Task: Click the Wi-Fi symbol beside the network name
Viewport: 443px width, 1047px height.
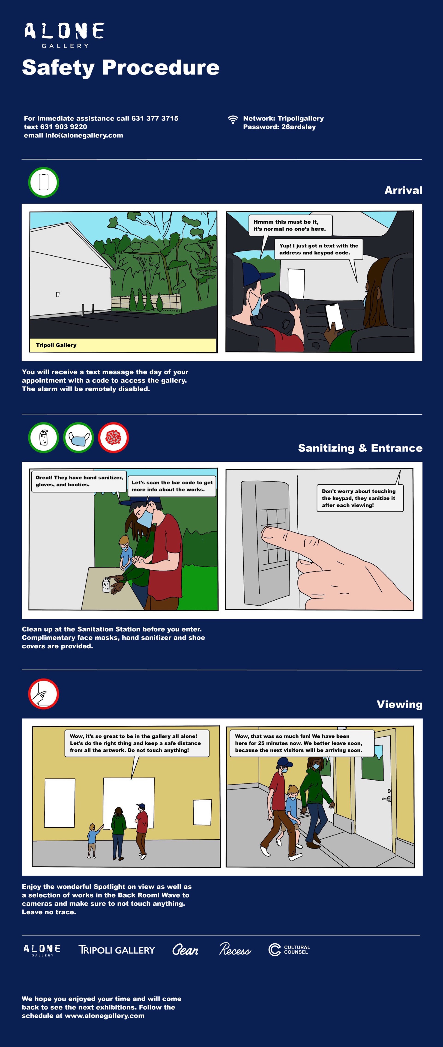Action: [x=233, y=120]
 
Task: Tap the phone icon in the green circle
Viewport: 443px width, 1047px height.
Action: [x=43, y=182]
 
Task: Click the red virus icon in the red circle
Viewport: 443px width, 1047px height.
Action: [x=113, y=438]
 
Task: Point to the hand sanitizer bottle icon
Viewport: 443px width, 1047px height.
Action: [x=43, y=438]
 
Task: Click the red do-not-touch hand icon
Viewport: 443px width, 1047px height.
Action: [x=43, y=694]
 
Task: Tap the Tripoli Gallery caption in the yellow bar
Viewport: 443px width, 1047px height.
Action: [x=56, y=345]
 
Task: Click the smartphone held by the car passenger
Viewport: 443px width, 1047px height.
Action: [x=334, y=316]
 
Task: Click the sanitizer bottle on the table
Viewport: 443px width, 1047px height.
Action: [x=106, y=584]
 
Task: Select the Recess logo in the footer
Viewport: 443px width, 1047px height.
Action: [x=235, y=949]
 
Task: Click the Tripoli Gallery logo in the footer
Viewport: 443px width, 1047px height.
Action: [x=117, y=950]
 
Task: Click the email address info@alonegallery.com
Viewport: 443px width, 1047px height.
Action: [x=84, y=135]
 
